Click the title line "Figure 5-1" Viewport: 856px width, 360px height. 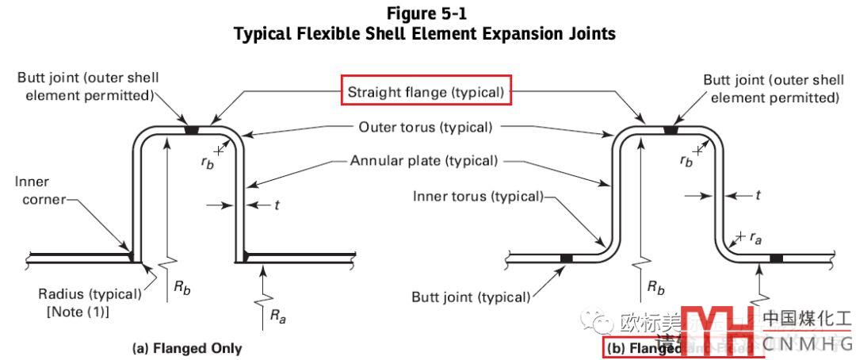click(429, 13)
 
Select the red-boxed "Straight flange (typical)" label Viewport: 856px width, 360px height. click(426, 92)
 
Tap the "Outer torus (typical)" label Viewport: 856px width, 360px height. click(426, 127)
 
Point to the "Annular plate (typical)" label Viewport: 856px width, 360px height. click(424, 161)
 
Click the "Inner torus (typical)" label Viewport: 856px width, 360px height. click(478, 196)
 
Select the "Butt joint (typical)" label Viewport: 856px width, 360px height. click(471, 298)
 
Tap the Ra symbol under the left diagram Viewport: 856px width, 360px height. click(277, 316)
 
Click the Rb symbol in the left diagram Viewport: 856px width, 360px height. click(183, 288)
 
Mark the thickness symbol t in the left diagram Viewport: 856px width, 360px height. click(277, 205)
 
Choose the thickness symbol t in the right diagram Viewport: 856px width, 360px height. click(758, 194)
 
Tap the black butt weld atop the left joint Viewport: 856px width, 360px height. click(191, 128)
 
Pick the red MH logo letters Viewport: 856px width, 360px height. click(718, 330)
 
